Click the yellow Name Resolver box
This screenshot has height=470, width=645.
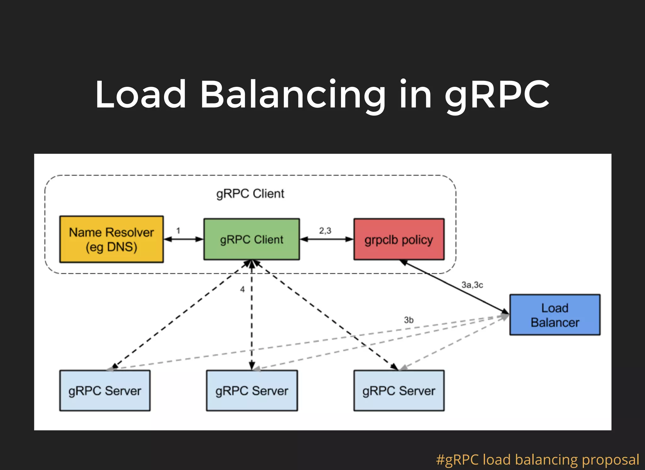click(111, 239)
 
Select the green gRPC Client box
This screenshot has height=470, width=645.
click(251, 239)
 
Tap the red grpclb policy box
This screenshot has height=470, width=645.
click(399, 239)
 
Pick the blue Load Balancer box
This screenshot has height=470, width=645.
click(555, 315)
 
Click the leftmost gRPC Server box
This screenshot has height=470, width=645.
click(105, 391)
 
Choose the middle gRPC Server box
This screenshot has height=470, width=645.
click(252, 391)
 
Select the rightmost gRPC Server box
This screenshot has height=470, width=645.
click(399, 391)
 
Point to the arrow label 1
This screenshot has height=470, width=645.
click(178, 231)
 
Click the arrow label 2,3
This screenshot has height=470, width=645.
click(325, 231)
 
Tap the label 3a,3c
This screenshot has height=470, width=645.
click(472, 285)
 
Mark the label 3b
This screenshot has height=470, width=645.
click(408, 320)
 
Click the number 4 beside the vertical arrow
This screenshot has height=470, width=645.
click(242, 289)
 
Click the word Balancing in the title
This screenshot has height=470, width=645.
click(293, 94)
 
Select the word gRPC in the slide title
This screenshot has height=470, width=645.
click(497, 94)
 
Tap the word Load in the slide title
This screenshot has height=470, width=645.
click(141, 94)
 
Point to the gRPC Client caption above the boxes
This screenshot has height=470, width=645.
click(250, 193)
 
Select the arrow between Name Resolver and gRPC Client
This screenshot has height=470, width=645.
click(184, 239)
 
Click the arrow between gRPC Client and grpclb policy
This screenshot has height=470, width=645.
click(327, 239)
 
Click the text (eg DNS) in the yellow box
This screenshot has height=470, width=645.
click(111, 247)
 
